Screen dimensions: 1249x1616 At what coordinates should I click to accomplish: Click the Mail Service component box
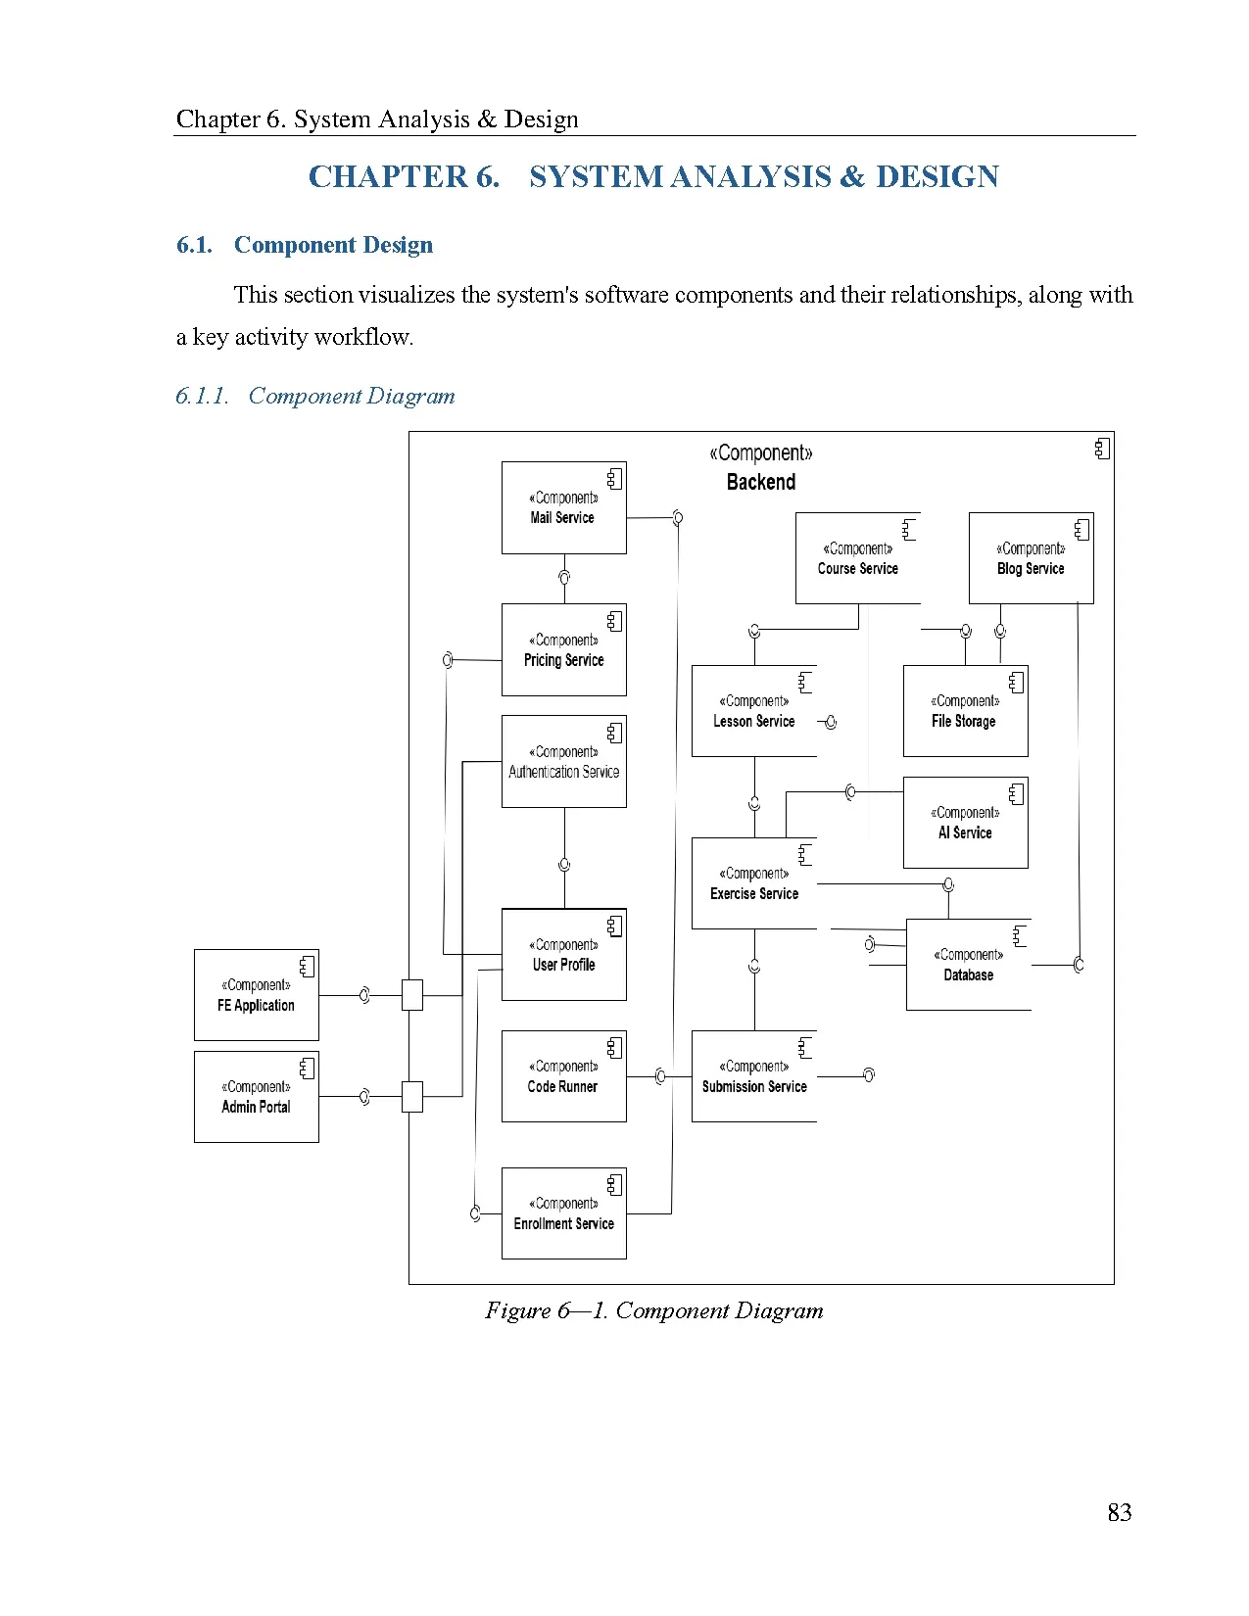click(564, 508)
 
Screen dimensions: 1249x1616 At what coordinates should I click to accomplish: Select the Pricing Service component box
click(564, 650)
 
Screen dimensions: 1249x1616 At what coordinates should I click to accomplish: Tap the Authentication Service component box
click(564, 762)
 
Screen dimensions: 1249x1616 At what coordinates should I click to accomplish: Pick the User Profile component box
click(564, 955)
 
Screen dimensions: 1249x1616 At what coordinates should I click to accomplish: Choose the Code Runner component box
click(564, 1076)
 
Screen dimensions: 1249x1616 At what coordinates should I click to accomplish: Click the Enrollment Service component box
click(564, 1213)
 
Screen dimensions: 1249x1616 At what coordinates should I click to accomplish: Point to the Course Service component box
click(858, 557)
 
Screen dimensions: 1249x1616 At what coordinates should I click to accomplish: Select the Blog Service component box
click(1032, 557)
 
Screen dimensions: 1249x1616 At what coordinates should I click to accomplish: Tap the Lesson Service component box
click(754, 711)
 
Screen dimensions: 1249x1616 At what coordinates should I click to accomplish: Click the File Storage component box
click(966, 711)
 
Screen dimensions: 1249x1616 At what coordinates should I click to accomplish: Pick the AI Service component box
click(966, 823)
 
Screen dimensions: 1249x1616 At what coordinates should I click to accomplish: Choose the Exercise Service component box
click(754, 883)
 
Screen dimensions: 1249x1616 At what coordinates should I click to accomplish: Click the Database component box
click(969, 965)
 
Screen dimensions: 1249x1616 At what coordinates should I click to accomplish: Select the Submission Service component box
click(754, 1076)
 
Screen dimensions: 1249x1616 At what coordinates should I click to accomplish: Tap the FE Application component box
click(257, 995)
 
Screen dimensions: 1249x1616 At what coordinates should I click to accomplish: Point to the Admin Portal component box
click(257, 1097)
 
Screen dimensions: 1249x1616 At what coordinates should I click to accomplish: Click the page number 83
click(1120, 1512)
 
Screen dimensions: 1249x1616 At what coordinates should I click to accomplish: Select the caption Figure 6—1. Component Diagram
click(654, 1310)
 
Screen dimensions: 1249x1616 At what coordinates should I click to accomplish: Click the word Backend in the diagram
click(761, 482)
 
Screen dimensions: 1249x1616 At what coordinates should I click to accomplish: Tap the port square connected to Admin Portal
click(412, 1096)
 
